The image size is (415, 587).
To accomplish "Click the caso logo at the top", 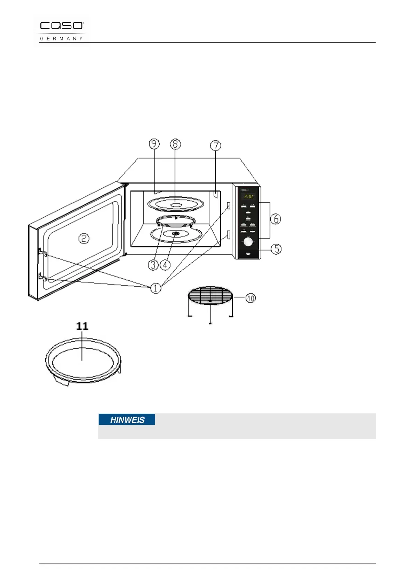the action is pos(62,26).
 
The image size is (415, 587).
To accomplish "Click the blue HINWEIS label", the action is pos(127,420).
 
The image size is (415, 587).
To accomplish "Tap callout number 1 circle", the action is pos(155,288).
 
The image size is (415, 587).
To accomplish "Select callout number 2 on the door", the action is pos(84,238).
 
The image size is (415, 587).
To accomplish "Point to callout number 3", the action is pos(153,265).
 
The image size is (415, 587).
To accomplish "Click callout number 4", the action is pos(165,265).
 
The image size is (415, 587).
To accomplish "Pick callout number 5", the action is pos(276,249).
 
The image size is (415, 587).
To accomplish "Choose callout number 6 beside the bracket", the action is pos(276,219).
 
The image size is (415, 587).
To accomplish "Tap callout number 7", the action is pos(216,145).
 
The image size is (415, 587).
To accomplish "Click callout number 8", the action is pos(175,144).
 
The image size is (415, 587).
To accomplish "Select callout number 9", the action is pos(154,144).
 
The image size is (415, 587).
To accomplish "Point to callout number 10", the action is pos(251,298).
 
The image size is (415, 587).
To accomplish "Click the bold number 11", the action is pos(82,326).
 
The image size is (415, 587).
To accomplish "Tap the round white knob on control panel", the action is pos(248,242).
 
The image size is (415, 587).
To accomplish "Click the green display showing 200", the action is pos(248,197).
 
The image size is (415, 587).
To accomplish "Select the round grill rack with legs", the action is pos(210,296).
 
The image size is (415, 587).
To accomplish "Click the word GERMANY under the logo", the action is pos(61,38).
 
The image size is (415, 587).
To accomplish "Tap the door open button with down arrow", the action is pos(248,254).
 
